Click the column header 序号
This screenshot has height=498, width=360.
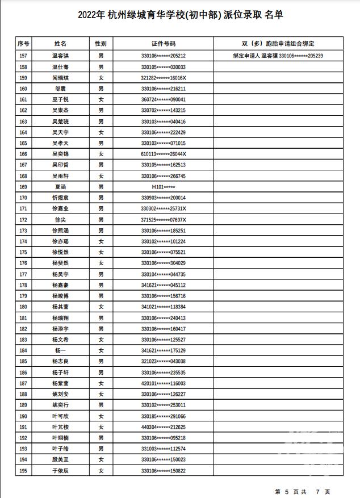click(x=23, y=43)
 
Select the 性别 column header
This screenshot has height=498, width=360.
click(x=101, y=43)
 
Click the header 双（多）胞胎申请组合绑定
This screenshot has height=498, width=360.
click(x=278, y=43)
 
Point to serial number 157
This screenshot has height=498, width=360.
click(x=23, y=56)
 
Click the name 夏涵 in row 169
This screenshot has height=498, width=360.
click(x=61, y=187)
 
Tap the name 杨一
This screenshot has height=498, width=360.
click(x=61, y=350)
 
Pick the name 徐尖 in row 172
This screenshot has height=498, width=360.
click(x=61, y=220)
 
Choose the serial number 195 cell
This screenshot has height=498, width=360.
click(x=23, y=471)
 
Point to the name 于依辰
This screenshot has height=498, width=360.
click(x=61, y=471)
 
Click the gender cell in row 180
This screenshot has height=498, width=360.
click(x=101, y=307)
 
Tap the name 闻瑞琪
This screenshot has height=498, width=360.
click(x=61, y=78)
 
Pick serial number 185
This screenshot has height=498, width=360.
click(x=23, y=361)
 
